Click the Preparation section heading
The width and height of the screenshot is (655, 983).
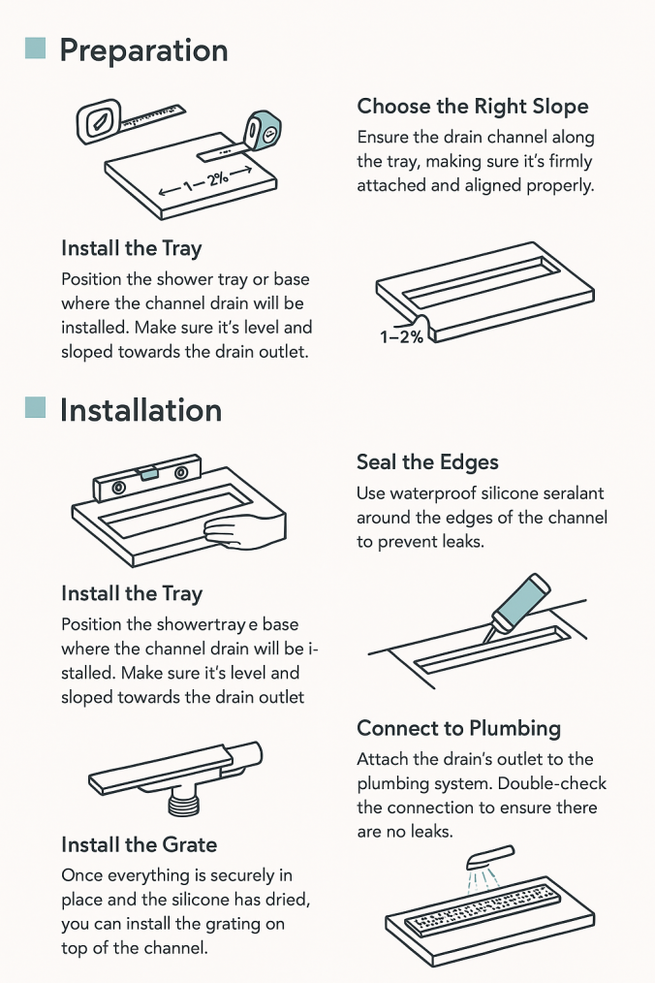click(x=143, y=50)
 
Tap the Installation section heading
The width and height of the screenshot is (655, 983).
click(x=141, y=411)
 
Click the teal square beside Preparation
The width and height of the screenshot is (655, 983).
click(x=35, y=48)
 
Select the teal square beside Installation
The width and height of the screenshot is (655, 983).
click(x=35, y=407)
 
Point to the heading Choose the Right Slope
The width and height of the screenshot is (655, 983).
click(x=473, y=107)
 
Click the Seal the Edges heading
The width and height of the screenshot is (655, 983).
click(x=427, y=462)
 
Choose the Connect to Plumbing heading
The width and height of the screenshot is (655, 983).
click(x=459, y=728)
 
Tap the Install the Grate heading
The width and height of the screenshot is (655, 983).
click(x=140, y=844)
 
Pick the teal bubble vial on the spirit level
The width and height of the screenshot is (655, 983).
click(x=149, y=473)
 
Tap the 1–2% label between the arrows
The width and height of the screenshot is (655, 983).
click(x=205, y=181)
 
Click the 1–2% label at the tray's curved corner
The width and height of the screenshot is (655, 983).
click(x=401, y=336)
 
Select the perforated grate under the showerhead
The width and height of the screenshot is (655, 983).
click(x=483, y=911)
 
